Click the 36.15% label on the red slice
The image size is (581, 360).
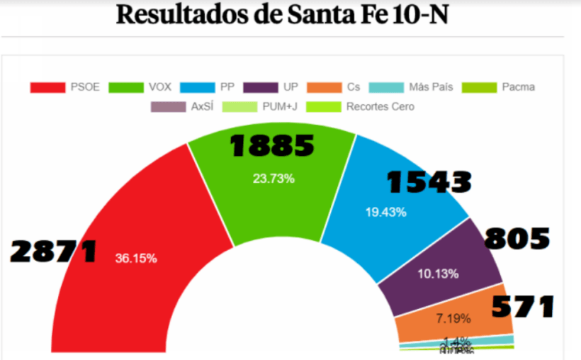[x=136, y=259]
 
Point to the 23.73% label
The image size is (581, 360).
[x=273, y=179]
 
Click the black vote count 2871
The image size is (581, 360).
[x=54, y=251]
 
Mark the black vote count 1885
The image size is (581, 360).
[x=272, y=146]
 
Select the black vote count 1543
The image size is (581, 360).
[x=429, y=182]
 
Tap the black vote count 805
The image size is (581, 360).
[x=517, y=239]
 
